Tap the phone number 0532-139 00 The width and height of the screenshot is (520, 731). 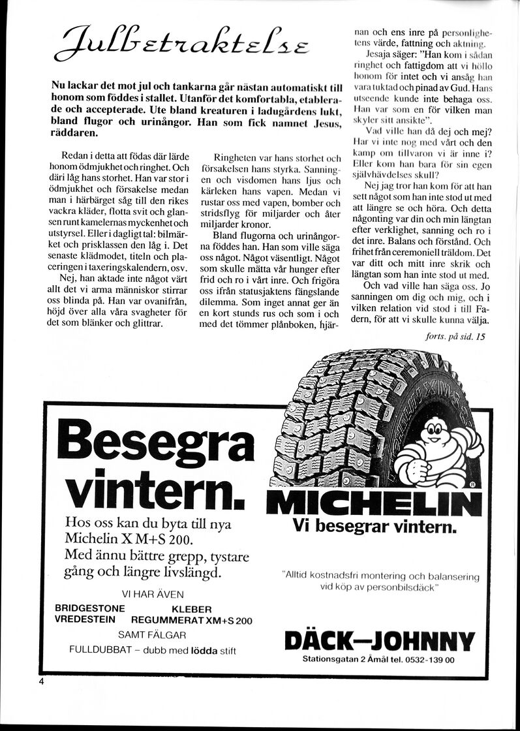[x=430, y=660]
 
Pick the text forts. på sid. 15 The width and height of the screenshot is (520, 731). [x=454, y=337]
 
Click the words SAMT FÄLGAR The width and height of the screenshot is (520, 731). [x=153, y=634]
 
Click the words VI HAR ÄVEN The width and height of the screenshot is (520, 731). [x=153, y=594]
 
